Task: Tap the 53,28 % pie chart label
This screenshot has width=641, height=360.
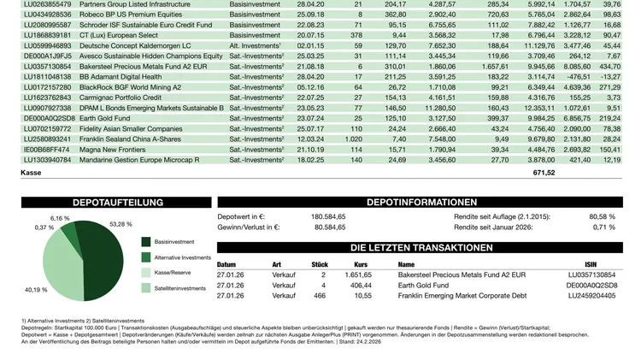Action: point(121,224)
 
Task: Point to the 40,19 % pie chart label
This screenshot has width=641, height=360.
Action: point(36,290)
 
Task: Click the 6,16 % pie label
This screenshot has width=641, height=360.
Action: point(60,219)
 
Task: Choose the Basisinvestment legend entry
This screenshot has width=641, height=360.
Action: point(176,242)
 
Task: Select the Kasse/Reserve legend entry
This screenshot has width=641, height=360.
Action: point(174,273)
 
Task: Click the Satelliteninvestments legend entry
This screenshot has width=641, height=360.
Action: point(180,288)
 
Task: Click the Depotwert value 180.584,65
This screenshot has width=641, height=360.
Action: point(328,217)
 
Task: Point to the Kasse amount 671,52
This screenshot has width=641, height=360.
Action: point(544,173)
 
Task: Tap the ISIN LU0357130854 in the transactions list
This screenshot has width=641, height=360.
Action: point(592,274)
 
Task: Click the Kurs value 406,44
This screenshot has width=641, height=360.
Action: point(362,285)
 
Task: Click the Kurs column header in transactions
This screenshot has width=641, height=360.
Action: point(360,264)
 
